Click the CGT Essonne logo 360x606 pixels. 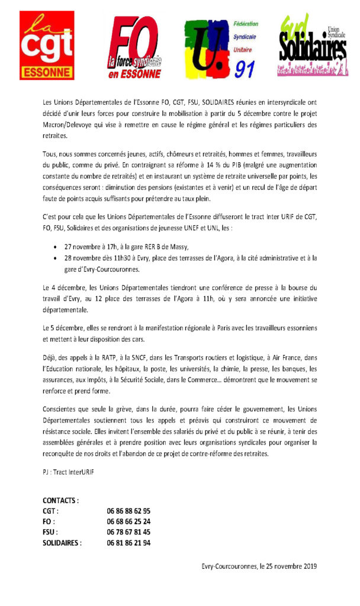(47, 45)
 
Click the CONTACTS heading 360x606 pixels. (61, 500)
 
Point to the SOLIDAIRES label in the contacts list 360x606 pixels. (62, 543)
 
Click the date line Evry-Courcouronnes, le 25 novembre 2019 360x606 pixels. (259, 566)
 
